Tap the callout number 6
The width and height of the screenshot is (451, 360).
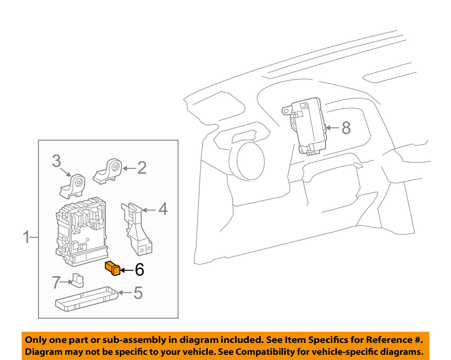(139, 270)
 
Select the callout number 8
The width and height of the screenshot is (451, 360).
(346, 128)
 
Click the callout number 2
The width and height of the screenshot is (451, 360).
(142, 168)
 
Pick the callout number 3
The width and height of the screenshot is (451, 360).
(56, 161)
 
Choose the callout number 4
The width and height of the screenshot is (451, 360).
(163, 209)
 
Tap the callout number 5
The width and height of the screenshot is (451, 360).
(138, 293)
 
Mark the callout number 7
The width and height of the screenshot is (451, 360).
(56, 282)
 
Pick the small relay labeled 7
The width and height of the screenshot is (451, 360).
(77, 280)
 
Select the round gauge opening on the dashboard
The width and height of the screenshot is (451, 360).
(250, 161)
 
